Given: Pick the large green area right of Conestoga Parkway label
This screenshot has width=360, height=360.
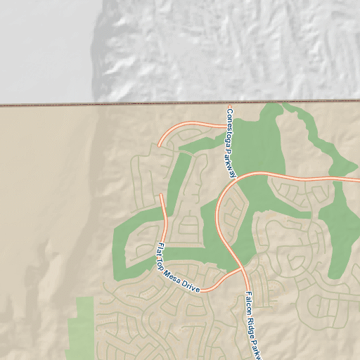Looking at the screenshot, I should pyautogui.click(x=260, y=148).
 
